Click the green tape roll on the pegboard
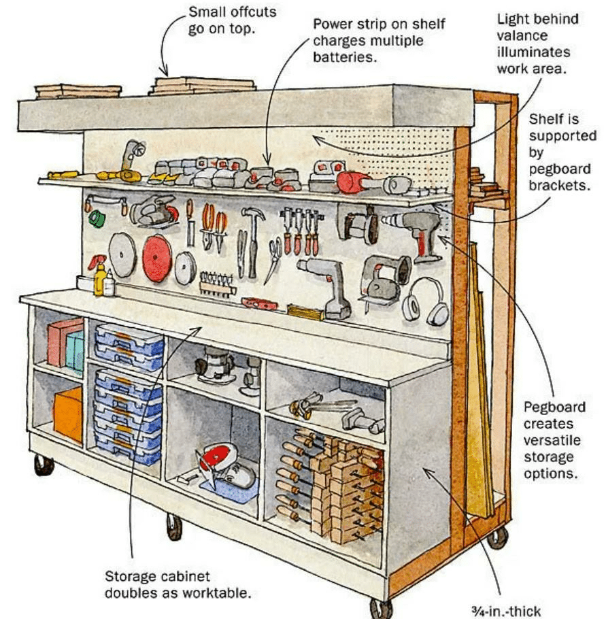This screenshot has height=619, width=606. (x=98, y=218)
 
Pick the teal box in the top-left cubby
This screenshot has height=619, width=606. (x=75, y=350)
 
